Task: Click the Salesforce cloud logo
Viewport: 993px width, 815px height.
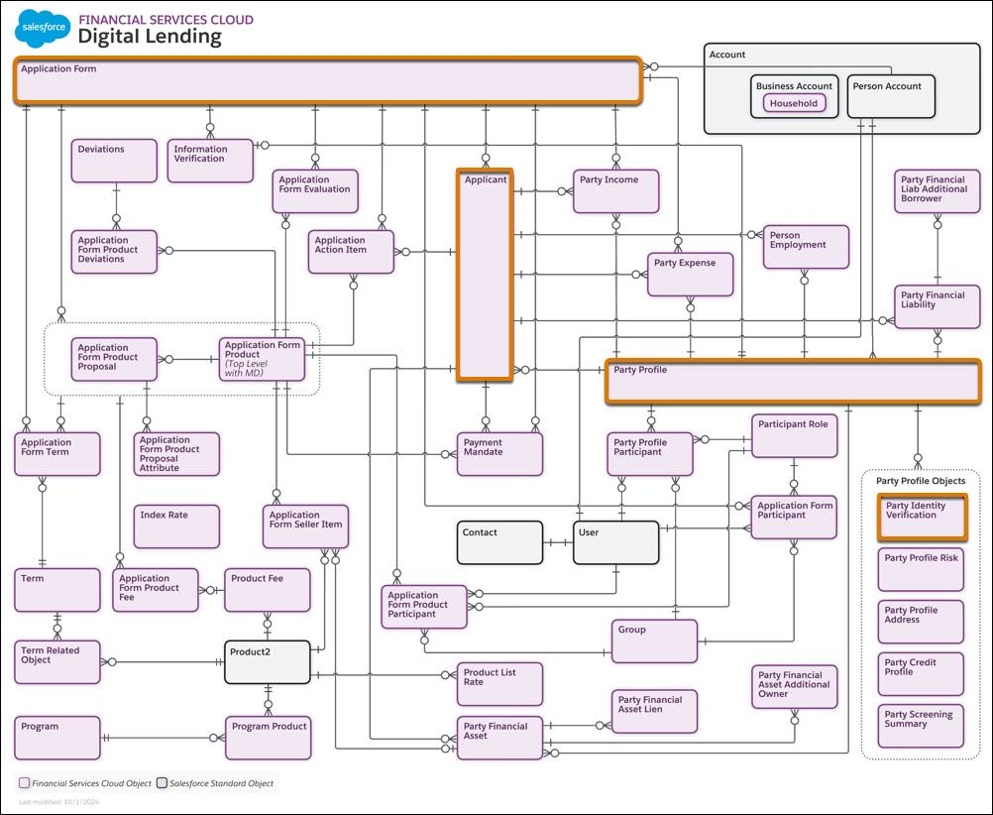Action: (43, 29)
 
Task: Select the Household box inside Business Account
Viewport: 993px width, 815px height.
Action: (795, 103)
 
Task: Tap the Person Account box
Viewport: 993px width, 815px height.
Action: (889, 96)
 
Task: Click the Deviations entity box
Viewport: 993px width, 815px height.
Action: (114, 161)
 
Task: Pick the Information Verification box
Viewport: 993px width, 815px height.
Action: (210, 161)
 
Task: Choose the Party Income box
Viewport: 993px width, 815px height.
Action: (615, 191)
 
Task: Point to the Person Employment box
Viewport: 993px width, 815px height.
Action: (806, 247)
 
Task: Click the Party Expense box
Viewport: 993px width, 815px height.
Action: (691, 274)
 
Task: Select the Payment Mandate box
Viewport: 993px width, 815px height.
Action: (499, 453)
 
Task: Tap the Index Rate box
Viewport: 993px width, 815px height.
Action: (177, 526)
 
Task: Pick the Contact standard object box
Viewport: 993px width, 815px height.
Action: (499, 542)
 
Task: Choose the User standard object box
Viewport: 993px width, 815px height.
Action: (615, 542)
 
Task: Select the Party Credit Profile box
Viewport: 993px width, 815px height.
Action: (921, 674)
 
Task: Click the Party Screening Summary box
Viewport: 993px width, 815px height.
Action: (921, 727)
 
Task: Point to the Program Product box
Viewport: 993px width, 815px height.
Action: (268, 738)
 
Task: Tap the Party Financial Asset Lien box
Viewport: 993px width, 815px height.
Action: (654, 711)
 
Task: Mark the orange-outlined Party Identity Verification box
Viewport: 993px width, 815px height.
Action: (922, 516)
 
